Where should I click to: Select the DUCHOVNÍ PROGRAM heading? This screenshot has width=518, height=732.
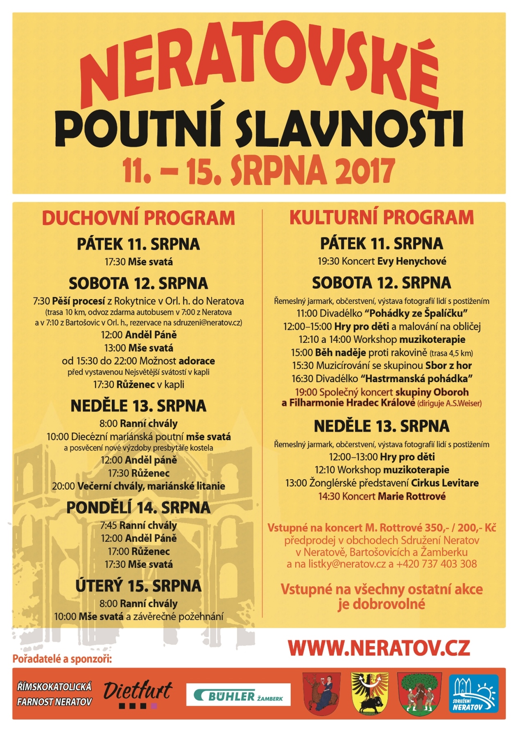[138, 218]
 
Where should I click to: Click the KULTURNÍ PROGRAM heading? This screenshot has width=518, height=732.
[382, 217]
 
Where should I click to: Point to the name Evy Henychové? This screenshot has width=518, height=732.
[412, 261]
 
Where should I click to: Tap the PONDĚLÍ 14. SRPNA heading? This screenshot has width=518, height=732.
[138, 508]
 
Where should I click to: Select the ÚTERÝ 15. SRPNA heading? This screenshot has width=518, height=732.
[138, 586]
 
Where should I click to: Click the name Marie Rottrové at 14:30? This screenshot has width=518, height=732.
[412, 497]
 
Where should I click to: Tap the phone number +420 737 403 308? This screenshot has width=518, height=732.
[436, 564]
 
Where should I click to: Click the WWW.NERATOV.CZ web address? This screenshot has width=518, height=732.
[379, 648]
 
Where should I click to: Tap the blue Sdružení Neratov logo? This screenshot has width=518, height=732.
[474, 694]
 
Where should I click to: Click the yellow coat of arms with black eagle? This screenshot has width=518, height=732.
[370, 694]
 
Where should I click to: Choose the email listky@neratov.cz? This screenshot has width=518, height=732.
[347, 564]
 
